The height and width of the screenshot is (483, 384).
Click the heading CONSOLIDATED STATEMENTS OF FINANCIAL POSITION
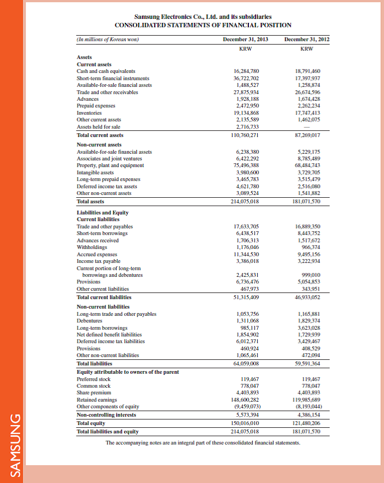[x=203, y=25]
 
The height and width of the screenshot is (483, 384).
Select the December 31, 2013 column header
[x=245, y=39]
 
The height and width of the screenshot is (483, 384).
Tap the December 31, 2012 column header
[x=306, y=39]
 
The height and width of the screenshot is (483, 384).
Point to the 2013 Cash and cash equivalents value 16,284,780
[x=246, y=71]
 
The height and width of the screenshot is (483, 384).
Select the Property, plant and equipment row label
[x=110, y=165]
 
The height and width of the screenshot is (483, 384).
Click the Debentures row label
[x=90, y=321]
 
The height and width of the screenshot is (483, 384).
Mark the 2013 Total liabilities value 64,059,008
[x=246, y=364]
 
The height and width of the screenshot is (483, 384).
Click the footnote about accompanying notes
[x=203, y=443]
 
